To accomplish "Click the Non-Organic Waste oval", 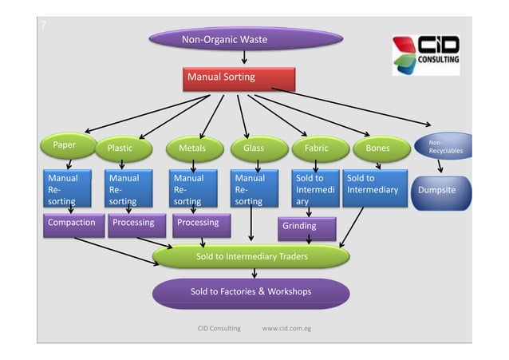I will pos(246,39).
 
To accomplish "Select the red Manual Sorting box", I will pos(240,78).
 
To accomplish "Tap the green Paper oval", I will pos(65,146).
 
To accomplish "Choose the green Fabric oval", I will pos(318,148).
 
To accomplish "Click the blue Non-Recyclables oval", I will pos(443,148).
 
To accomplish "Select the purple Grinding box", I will pos(307,227).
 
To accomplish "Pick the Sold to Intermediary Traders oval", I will pos(251,256).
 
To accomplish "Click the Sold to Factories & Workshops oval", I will pos(251,292).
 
